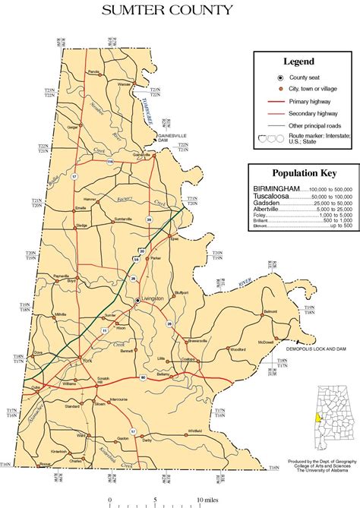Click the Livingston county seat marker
137,301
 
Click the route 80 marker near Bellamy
142,378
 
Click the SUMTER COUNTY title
180,11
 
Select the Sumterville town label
123,219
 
